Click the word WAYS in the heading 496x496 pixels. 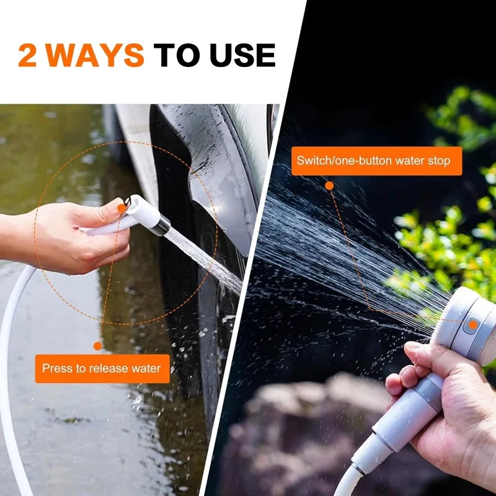tap(95, 55)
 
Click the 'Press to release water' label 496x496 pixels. tap(102, 368)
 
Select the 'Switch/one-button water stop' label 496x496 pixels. tap(376, 161)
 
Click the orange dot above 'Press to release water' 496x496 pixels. tap(97, 346)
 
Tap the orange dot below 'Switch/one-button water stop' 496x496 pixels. tap(329, 185)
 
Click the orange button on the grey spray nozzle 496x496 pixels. tap(472, 324)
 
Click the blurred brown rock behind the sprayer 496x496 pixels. tap(291, 434)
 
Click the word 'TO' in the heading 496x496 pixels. tap(177, 55)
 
